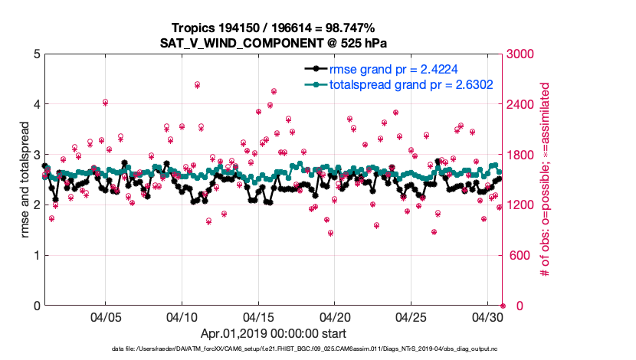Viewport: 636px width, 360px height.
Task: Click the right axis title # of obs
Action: coord(546,180)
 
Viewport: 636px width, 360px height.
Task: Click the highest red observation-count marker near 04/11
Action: coord(198,84)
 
